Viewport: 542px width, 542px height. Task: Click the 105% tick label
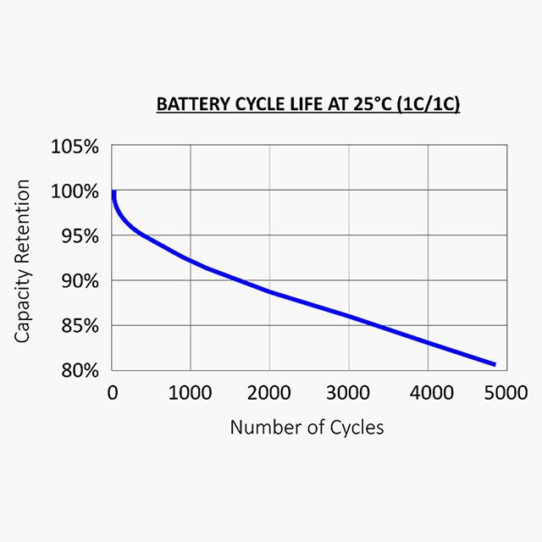pyautogui.click(x=75, y=147)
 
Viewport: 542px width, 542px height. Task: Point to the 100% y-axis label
pyautogui.click(x=75, y=191)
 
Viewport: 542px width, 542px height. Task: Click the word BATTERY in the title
pyautogui.click(x=189, y=106)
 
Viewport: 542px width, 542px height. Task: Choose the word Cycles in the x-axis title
pyautogui.click(x=357, y=427)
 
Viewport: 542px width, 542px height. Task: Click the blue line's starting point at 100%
pyautogui.click(x=113, y=192)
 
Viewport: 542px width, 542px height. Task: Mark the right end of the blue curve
pyautogui.click(x=495, y=364)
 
